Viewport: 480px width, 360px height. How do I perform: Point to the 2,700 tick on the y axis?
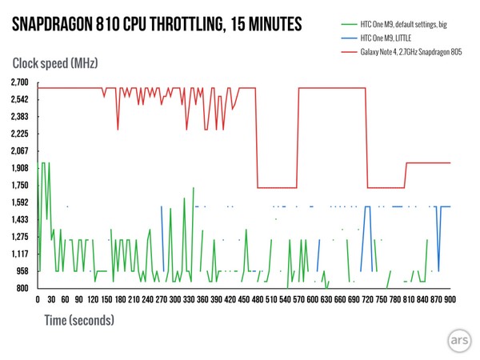click(19, 82)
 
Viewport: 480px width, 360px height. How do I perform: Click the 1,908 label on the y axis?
click(19, 168)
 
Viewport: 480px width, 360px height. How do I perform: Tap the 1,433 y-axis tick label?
click(19, 219)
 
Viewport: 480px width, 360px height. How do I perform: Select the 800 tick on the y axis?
click(23, 288)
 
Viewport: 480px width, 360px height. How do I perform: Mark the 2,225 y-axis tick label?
click(19, 134)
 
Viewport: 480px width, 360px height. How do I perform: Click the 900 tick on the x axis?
click(450, 299)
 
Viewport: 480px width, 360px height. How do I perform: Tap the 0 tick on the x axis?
click(38, 299)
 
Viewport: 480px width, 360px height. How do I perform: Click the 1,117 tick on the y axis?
click(19, 254)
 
